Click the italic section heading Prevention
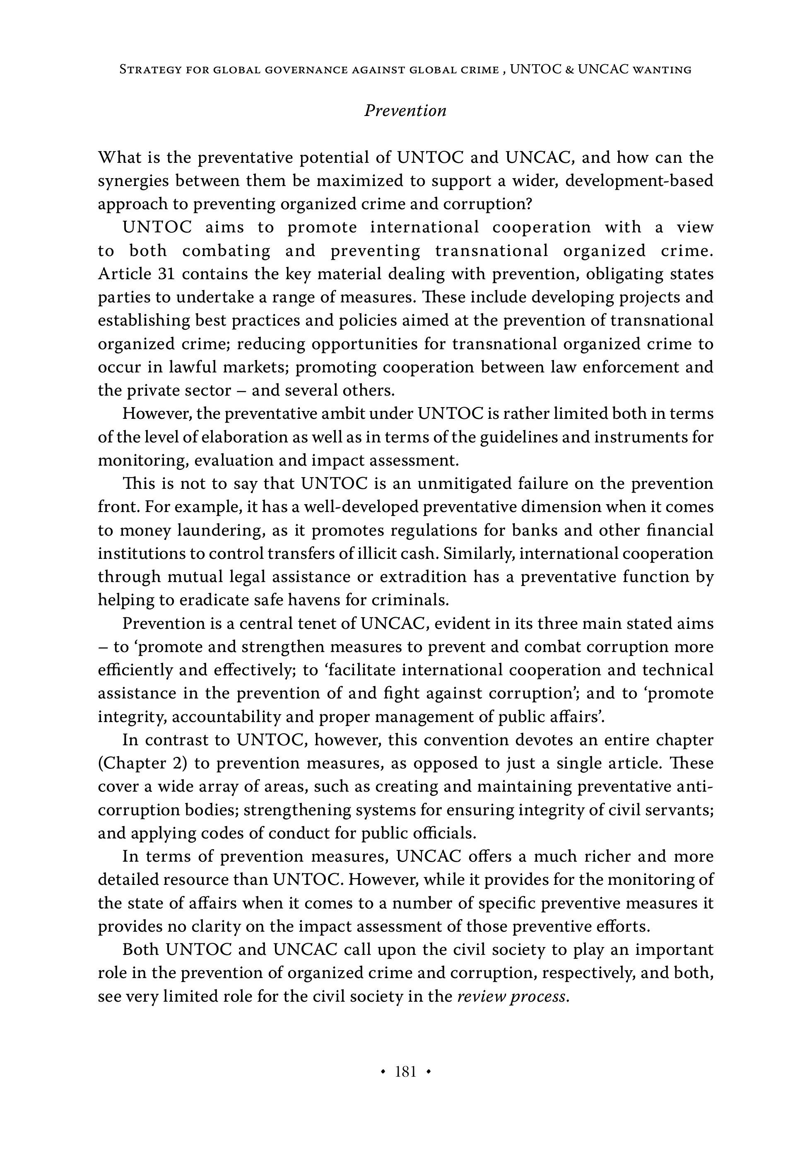(x=405, y=111)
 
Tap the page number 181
(x=405, y=1071)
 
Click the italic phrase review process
(x=513, y=996)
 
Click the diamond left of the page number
(x=383, y=1072)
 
